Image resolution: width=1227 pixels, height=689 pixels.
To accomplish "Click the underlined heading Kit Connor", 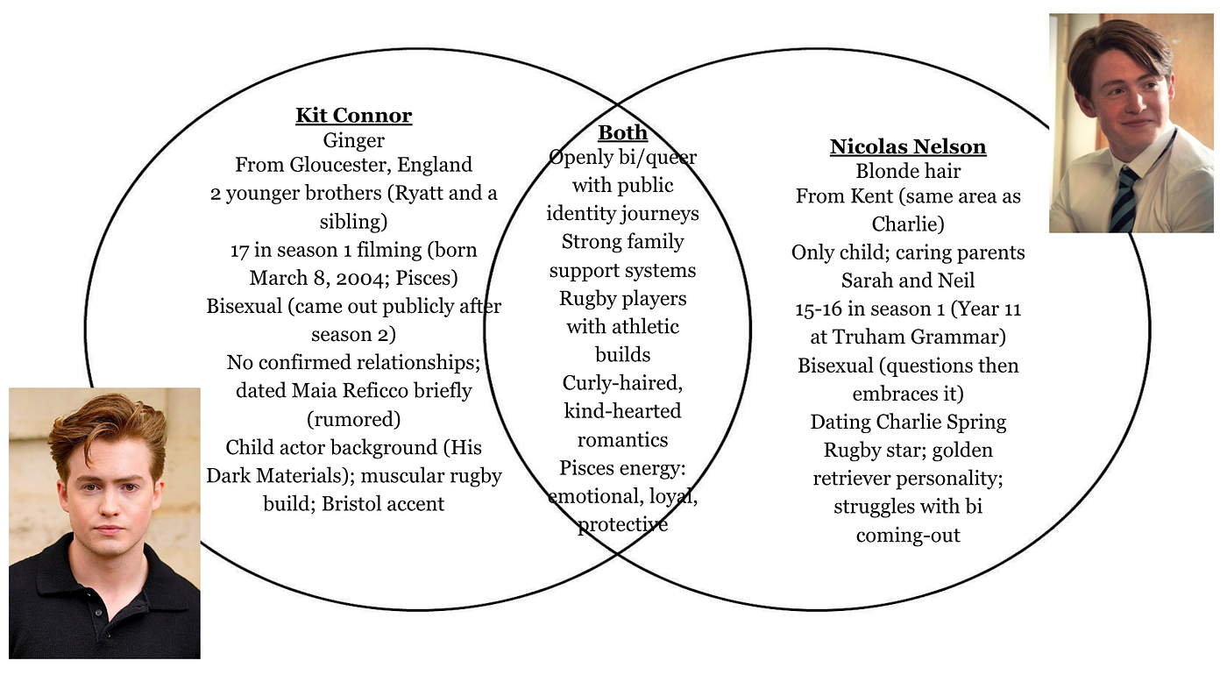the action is point(354,116).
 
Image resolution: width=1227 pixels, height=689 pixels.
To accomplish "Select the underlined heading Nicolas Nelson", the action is point(908,146).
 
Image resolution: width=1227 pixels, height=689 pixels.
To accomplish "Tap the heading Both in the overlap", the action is point(623,132).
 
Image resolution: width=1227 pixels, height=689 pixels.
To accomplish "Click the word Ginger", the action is point(354,141).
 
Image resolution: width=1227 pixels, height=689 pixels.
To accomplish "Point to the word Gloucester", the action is point(340,165).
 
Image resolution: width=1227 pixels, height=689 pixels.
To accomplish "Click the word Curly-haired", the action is point(623,383).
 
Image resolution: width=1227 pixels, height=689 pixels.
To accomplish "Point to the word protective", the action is point(623,525).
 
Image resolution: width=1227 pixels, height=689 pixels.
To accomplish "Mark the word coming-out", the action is point(908,536).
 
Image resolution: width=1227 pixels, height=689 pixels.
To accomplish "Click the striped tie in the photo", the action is point(1124,200).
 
